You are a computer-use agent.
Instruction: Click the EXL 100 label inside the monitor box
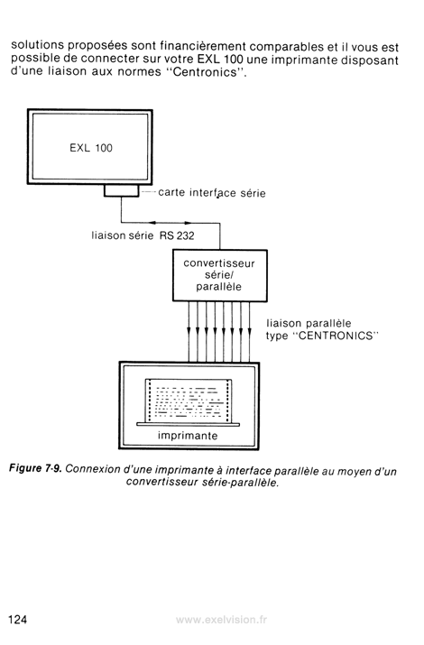[91, 148]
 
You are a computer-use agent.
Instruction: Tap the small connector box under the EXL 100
[121, 190]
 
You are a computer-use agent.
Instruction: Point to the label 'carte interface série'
[212, 193]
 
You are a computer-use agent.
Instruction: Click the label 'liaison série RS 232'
[143, 235]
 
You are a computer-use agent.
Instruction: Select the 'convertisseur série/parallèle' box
[219, 276]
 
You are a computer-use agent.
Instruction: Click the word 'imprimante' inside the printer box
[188, 436]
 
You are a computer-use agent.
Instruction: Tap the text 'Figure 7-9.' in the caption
[35, 468]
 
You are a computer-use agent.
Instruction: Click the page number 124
[18, 619]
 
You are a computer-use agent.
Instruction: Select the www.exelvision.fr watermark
[221, 620]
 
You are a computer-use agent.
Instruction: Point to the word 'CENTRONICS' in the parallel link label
[335, 336]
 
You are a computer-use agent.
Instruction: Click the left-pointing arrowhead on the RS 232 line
[152, 223]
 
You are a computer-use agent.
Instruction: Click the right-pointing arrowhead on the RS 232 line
[188, 223]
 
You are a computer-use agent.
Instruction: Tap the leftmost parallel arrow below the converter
[189, 332]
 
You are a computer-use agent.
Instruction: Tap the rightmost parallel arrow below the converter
[250, 332]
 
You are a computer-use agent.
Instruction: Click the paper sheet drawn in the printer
[189, 401]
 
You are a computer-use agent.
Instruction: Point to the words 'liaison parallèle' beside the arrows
[309, 323]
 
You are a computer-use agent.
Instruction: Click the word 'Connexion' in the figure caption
[88, 468]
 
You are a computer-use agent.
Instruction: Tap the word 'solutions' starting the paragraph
[37, 44]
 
